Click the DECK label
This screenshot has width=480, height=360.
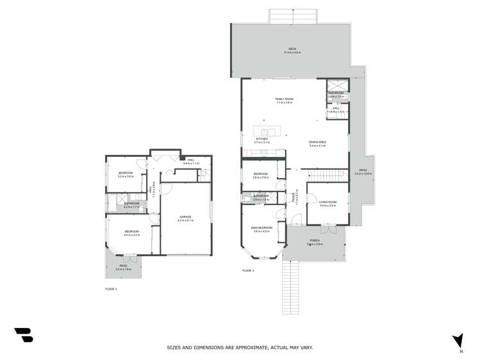coord(292,49)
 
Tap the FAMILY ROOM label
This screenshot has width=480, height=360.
coord(284,99)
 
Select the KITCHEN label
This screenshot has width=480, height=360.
coord(261,139)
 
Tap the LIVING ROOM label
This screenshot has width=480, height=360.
coord(327,202)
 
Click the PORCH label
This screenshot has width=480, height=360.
coord(315,241)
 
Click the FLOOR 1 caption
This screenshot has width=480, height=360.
coord(111,289)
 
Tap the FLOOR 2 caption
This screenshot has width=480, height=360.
coord(249,271)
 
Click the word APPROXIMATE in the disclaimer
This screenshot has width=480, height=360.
coord(247,347)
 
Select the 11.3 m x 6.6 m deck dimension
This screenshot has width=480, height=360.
coord(292,53)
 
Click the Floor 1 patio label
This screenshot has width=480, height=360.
coord(122,266)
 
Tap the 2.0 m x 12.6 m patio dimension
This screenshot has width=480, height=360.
coord(363,174)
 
